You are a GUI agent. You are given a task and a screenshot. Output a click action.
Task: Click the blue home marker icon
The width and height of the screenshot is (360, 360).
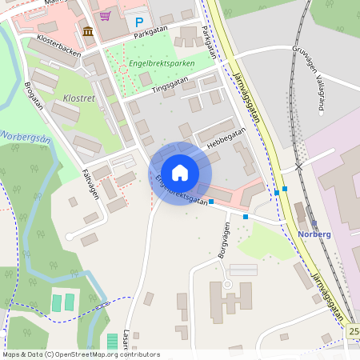pyautogui.click(x=180, y=172)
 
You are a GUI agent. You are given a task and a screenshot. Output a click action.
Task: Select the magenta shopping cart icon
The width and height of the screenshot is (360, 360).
pyautogui.click(x=105, y=15)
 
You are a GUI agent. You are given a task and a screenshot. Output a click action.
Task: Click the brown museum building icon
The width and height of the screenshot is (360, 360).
pyautogui.click(x=87, y=31)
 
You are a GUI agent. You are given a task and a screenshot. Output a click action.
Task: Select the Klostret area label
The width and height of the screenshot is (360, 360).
pyautogui.click(x=78, y=99)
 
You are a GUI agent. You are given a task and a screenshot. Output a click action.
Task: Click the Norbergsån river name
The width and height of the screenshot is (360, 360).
pyautogui.click(x=26, y=133)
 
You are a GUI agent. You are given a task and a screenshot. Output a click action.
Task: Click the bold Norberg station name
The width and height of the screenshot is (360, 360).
pyautogui.click(x=314, y=234)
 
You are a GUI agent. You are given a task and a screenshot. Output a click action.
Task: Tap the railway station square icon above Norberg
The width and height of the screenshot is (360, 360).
pyautogui.click(x=313, y=223)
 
